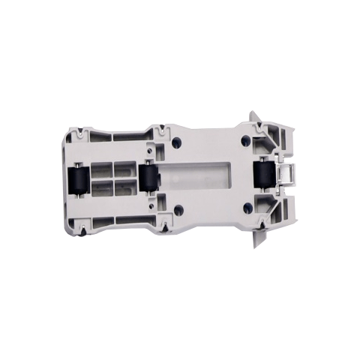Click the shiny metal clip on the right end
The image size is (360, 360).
pyautogui.click(x=285, y=175)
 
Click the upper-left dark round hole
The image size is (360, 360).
pyautogui.click(x=177, y=142)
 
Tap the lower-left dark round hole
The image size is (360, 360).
pyautogui.click(x=177, y=211)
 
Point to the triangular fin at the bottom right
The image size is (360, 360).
pyautogui.click(x=259, y=238)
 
